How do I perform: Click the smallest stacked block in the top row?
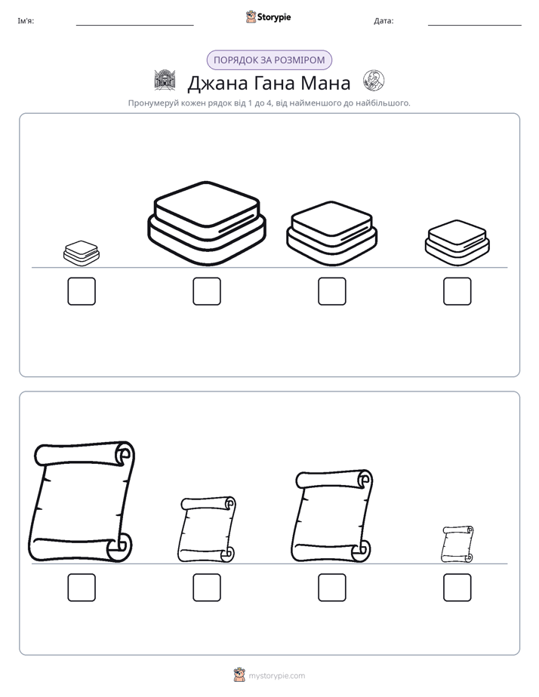coord(82,253)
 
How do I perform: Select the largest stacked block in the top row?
coord(207,223)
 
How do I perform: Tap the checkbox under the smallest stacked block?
coord(82,291)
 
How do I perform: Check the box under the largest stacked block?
coord(207,291)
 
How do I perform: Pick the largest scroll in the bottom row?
coord(82,502)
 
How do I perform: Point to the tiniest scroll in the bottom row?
coord(457,544)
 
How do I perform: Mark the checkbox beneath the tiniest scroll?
coord(457,587)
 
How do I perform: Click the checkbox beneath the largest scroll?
coord(82,587)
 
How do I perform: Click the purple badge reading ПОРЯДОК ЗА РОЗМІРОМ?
coord(269,60)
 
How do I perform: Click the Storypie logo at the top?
coord(268,17)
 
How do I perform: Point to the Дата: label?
coord(383,20)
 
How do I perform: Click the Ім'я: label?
coord(26,20)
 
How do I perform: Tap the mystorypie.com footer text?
coord(276,676)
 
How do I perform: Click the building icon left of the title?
coord(165,80)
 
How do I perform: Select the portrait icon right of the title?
coord(374,81)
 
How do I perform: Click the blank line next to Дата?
coord(475,26)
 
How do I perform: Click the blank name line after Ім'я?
coord(134,26)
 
